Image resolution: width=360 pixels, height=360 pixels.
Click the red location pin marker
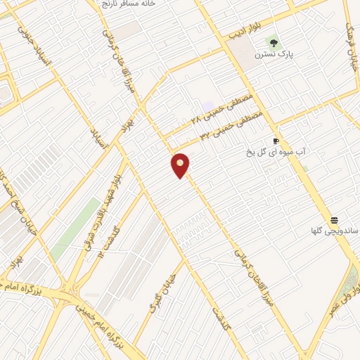(x=181, y=165)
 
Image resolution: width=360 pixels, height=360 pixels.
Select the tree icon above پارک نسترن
(x=274, y=42)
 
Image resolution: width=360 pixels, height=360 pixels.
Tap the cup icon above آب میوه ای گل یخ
(x=275, y=141)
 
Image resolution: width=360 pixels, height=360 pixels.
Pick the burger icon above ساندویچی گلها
(x=334, y=220)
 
